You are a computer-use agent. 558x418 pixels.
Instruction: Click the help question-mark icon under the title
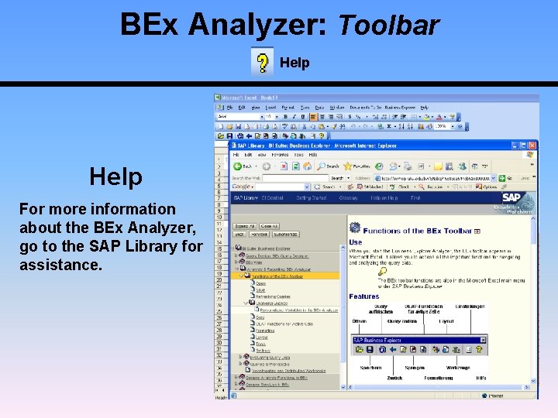click(x=263, y=62)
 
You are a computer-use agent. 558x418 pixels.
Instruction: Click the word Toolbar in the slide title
click(x=389, y=25)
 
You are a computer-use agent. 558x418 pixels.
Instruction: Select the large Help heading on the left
click(x=115, y=176)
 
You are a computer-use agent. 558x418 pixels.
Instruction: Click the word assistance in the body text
click(x=60, y=265)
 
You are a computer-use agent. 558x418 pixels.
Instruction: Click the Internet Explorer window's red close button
click(x=532, y=145)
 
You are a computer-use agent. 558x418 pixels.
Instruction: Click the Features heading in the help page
click(x=364, y=296)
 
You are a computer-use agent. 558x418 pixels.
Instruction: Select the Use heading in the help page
click(x=355, y=242)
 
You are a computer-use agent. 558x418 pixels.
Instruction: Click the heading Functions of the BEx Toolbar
click(x=417, y=231)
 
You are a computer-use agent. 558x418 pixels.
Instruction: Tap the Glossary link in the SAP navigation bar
click(x=348, y=198)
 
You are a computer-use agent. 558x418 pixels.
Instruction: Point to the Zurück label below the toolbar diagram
click(x=394, y=378)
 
